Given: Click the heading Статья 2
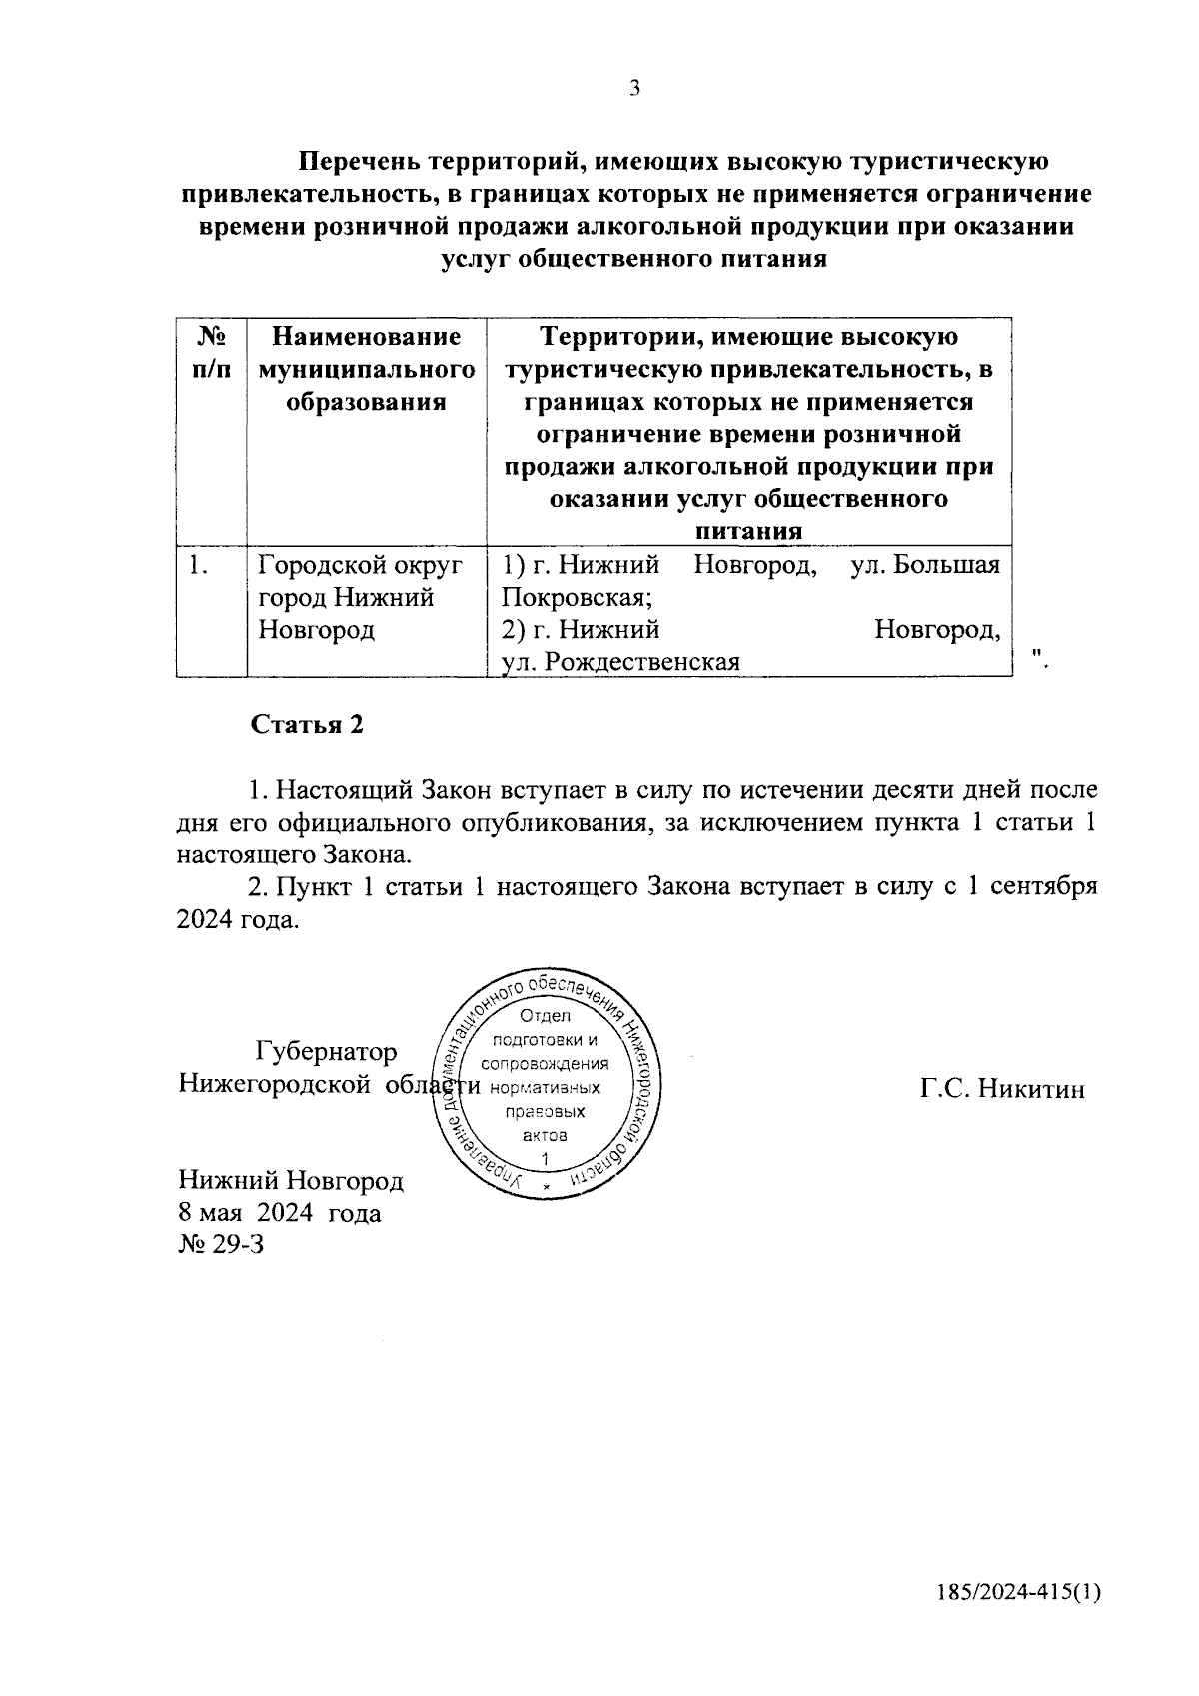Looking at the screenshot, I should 307,725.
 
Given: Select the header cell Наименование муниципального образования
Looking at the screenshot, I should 366,370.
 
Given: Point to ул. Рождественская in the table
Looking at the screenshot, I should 620,662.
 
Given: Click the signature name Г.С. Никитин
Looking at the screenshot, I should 1002,1088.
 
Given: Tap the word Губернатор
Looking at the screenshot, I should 326,1052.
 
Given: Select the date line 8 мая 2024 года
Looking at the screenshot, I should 279,1213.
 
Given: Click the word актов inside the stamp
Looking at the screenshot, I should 546,1136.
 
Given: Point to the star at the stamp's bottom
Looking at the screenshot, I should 547,1186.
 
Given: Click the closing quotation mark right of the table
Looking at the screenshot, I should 1038,656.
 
